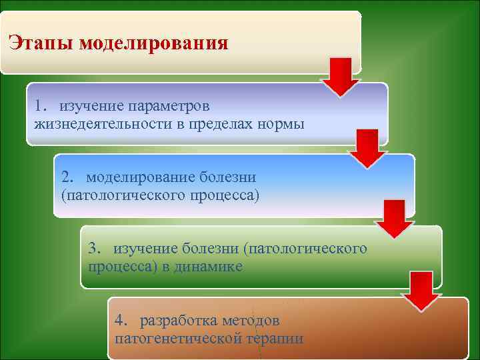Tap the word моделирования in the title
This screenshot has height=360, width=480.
pos(153,44)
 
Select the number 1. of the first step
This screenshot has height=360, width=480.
pos(43,106)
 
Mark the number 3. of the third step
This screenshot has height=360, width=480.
pos(96,249)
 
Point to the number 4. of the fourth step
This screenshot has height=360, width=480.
pos(123,320)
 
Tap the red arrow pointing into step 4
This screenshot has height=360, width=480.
pos(422,290)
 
